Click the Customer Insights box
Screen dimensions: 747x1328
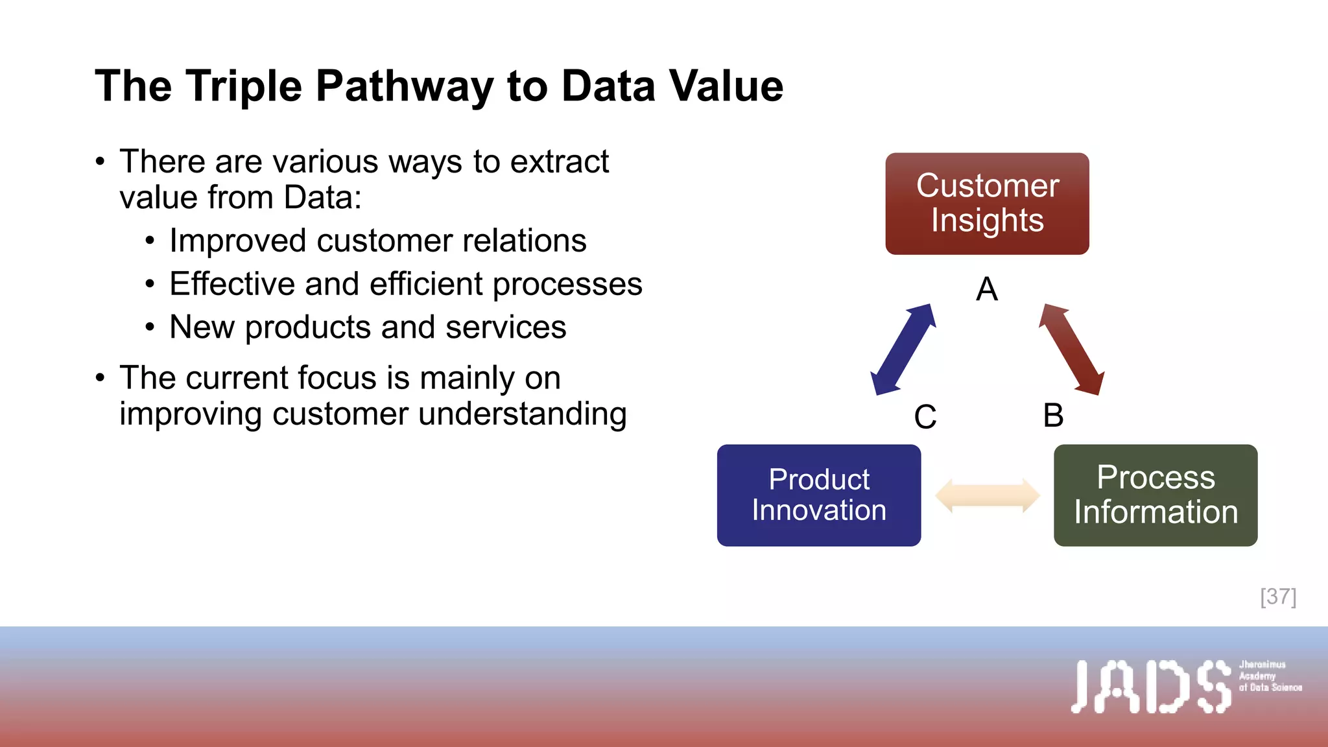[987, 204]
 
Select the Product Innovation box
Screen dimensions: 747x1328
[818, 495]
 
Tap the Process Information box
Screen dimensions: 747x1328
[1156, 495]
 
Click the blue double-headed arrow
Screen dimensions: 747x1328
[903, 350]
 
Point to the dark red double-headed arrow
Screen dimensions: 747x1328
[1071, 350]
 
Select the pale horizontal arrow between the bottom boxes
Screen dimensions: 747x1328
[987, 496]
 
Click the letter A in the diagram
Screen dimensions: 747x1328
[987, 289]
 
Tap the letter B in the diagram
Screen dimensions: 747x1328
[1053, 416]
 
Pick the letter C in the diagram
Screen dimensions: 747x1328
[925, 417]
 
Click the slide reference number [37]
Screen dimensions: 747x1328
[1278, 597]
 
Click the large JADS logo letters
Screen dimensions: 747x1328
[1151, 687]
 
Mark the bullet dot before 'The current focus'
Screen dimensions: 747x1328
[100, 378]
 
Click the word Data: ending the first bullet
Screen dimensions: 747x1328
[322, 198]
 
